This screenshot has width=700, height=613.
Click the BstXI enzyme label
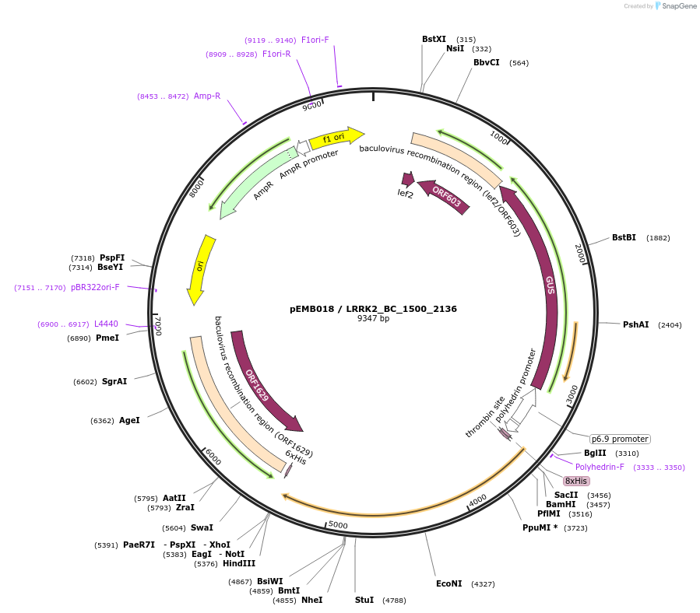click(434, 39)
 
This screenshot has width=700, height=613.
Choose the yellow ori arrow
click(200, 268)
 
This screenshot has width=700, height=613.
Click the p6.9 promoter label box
click(619, 439)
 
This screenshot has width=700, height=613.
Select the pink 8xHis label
click(576, 481)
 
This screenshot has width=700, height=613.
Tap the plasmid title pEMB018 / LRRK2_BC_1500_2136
click(373, 309)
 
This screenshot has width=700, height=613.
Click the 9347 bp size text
click(373, 319)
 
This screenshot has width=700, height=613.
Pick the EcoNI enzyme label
click(448, 583)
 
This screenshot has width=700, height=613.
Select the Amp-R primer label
click(207, 96)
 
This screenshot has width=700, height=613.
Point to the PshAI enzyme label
click(635, 324)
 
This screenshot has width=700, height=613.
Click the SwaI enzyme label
click(202, 527)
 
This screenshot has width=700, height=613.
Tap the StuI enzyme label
click(364, 600)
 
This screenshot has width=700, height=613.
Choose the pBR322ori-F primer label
click(95, 287)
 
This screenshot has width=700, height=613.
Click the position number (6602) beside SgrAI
click(85, 382)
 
